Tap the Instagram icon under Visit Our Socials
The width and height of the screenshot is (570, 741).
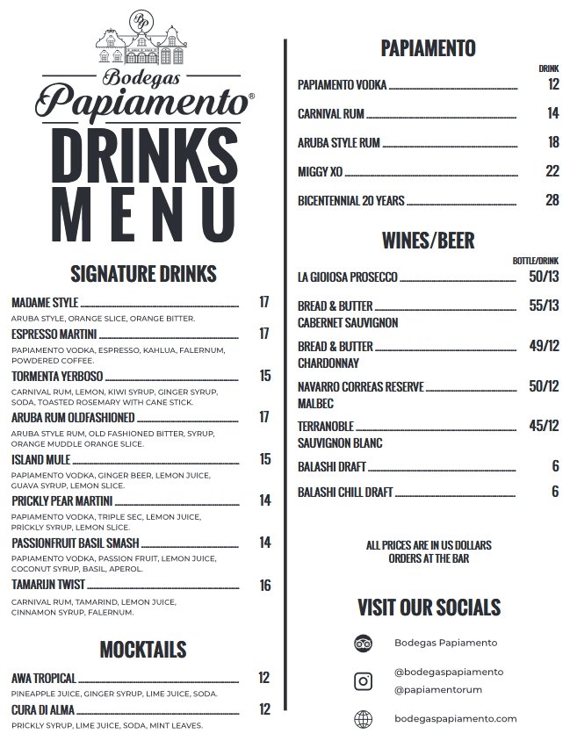tap(363, 680)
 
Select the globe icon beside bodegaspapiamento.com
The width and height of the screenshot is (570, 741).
tap(363, 718)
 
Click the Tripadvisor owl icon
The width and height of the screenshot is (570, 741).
tap(363, 643)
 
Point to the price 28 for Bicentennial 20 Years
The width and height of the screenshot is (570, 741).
tap(552, 200)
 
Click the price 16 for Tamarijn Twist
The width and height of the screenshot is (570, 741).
tap(264, 586)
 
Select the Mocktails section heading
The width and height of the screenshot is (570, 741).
tap(142, 649)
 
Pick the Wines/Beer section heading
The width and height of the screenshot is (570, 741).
tap(429, 240)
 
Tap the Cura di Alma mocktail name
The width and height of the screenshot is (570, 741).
tap(43, 709)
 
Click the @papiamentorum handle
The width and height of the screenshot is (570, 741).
tap(438, 689)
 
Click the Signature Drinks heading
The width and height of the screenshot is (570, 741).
tap(142, 273)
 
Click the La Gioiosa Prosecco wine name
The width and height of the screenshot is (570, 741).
tap(348, 277)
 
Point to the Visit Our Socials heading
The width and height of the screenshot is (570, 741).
tap(429, 607)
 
